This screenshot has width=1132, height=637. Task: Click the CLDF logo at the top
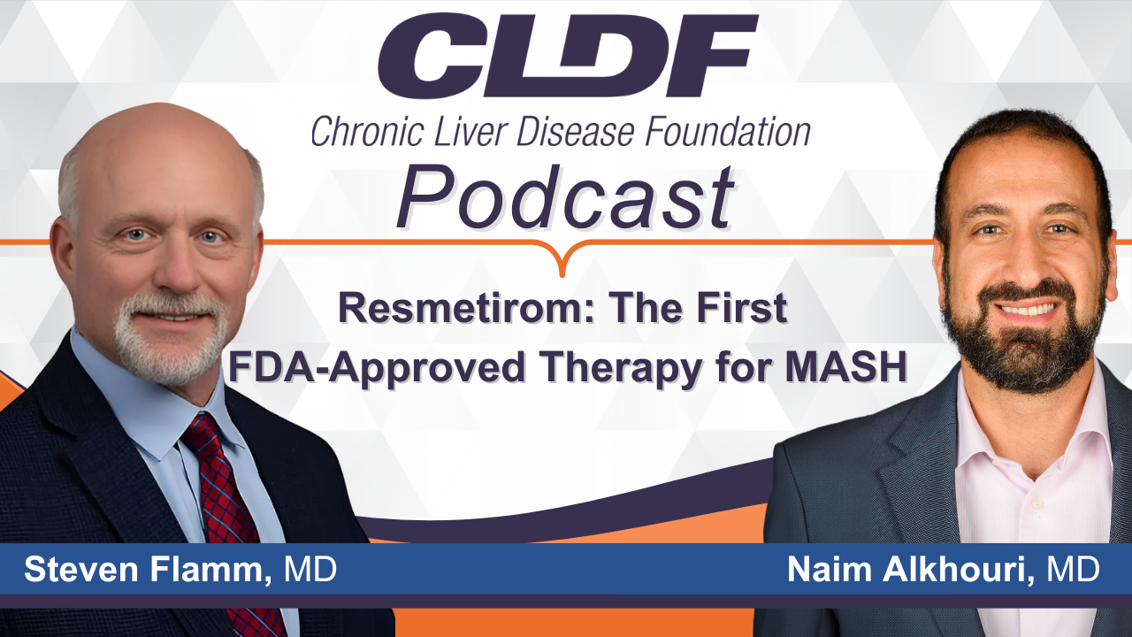click(x=568, y=56)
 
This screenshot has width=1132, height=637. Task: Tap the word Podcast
click(x=565, y=197)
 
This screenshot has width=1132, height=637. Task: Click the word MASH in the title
click(x=846, y=367)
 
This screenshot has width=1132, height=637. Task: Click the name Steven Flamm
click(x=144, y=569)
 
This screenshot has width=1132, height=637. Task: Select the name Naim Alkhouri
click(x=911, y=569)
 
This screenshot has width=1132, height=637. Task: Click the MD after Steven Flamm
click(x=310, y=569)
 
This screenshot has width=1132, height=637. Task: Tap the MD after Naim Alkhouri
click(x=1074, y=569)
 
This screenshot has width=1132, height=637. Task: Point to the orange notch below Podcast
click(x=562, y=259)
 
